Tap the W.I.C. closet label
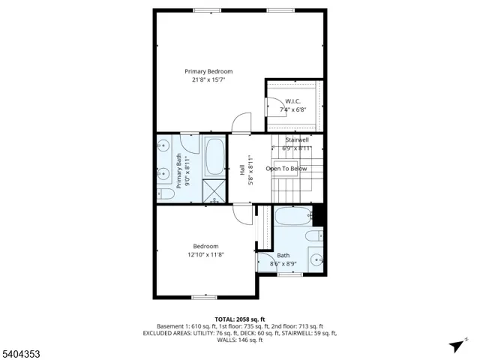click(x=292, y=100)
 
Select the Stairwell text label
click(x=296, y=140)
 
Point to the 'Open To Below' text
click(x=286, y=169)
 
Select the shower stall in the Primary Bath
click(x=214, y=190)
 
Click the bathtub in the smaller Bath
click(x=292, y=217)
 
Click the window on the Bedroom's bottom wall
click(x=203, y=298)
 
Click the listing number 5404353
click(x=21, y=350)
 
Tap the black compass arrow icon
click(x=455, y=346)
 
